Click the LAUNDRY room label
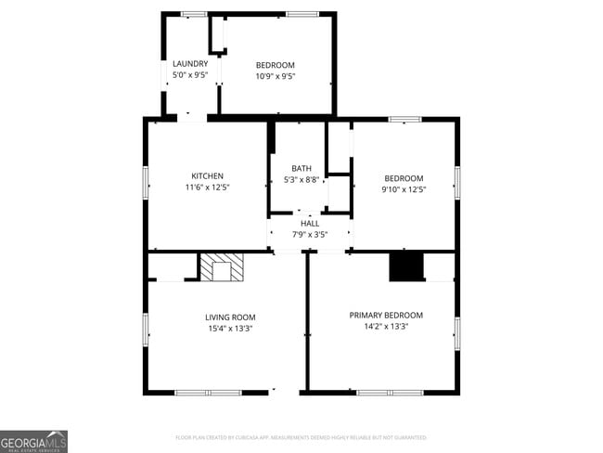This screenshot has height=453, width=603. (x=190, y=64)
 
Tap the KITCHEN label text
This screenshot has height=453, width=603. (x=207, y=176)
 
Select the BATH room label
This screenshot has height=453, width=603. (x=301, y=169)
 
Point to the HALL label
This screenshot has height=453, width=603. (x=309, y=224)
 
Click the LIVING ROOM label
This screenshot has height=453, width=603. (x=230, y=317)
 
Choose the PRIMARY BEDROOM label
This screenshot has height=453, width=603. (x=386, y=316)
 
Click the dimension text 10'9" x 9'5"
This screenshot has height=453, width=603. (x=276, y=76)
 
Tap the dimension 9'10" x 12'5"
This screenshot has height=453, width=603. (x=404, y=189)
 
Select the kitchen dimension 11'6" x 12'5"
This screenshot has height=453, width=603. (x=207, y=188)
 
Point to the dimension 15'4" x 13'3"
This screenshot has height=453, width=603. (x=230, y=329)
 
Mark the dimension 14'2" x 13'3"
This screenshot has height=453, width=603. (x=386, y=327)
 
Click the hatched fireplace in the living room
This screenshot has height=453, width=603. (x=222, y=267)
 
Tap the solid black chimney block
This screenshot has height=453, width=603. (x=406, y=266)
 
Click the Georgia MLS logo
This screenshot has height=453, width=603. (x=34, y=441)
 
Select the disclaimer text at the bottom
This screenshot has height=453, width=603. (x=301, y=436)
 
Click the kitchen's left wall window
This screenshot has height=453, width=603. (x=146, y=182)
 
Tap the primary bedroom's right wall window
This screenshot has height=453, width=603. (x=457, y=333)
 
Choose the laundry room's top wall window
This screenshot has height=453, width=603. (x=194, y=14)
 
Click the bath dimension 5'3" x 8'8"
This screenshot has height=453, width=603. (x=301, y=180)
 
